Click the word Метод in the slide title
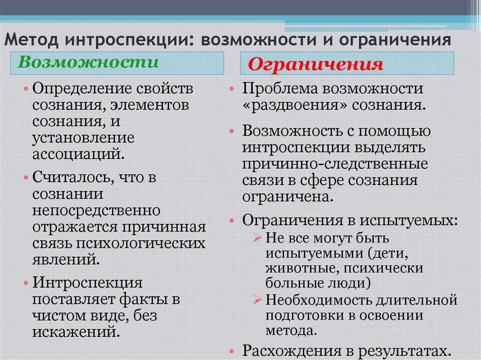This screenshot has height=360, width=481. pos(31,40)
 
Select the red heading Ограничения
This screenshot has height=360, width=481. pos(315,64)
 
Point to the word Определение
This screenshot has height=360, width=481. pos(82,89)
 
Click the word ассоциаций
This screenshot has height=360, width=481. pos(78,154)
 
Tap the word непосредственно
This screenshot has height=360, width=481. pos(96,211)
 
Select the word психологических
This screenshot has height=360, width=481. pos(140,244)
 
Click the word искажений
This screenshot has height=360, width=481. pos(76,332)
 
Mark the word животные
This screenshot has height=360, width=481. pos(302,268)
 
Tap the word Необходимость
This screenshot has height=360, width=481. pos(318,299)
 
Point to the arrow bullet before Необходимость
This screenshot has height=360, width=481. pos(257,299)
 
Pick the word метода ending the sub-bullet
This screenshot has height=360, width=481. pos(291,330)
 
